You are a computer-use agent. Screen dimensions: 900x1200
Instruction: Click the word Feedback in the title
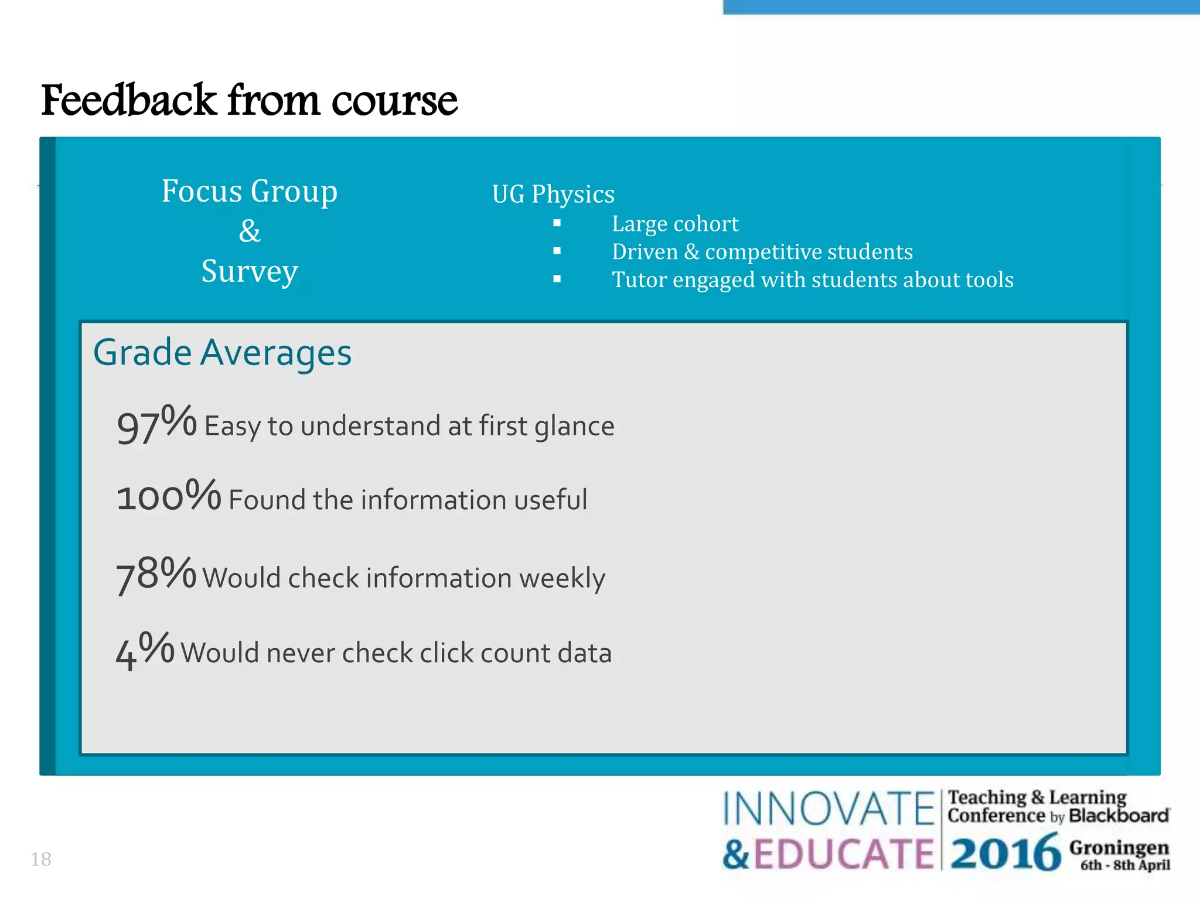129,100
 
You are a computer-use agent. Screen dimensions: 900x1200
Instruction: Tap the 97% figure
156,424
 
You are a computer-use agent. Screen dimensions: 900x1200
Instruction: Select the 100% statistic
169,496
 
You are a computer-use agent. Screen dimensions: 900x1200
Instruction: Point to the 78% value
156,574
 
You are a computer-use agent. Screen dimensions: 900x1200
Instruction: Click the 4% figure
145,650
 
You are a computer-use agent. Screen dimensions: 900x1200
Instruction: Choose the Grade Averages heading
222,353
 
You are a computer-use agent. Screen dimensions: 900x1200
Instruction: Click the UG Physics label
553,194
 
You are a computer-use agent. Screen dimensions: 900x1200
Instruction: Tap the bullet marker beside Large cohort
557,223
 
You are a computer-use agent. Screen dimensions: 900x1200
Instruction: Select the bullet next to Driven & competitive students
557,251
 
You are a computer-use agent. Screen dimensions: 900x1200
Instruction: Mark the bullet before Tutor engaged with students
557,279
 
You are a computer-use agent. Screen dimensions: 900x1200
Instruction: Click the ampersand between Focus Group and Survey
250,231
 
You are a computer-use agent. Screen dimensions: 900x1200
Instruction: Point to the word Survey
250,271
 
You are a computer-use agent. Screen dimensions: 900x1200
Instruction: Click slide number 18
41,859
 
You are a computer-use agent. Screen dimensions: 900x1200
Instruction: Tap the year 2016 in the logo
1005,853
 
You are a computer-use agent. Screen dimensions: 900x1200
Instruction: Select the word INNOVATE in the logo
828,809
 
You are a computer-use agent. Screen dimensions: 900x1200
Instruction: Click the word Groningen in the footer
1119,847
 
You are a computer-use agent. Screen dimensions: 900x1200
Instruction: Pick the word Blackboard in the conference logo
1119,816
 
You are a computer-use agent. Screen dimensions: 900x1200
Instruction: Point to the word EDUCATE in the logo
843,854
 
